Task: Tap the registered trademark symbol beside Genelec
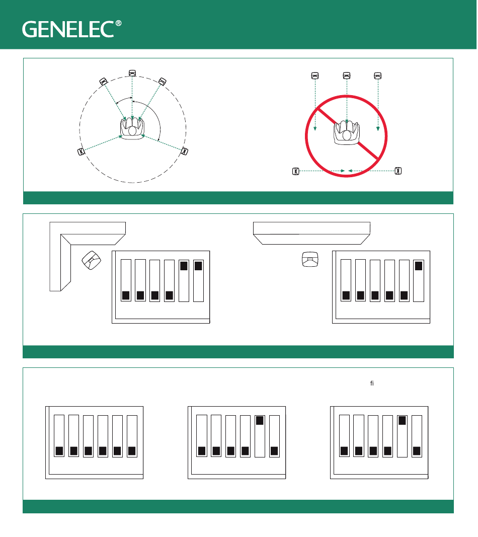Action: tap(118, 23)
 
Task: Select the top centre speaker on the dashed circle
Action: tap(132, 73)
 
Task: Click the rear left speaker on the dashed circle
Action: tap(81, 151)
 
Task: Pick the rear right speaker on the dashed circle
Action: tap(184, 151)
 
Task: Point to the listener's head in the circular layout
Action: tap(132, 131)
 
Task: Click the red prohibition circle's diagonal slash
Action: tap(347, 134)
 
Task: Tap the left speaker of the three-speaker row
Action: tap(315, 75)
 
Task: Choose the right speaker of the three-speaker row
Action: tap(378, 75)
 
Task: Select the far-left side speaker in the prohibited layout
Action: tap(295, 171)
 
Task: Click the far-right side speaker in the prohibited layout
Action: tap(398, 171)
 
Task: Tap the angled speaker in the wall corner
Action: tap(92, 260)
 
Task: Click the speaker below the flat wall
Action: tap(310, 259)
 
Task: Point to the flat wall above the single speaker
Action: tap(311, 233)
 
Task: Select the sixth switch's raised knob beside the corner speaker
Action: tap(198, 266)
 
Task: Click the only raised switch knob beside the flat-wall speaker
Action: tap(419, 266)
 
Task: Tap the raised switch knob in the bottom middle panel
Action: tap(260, 420)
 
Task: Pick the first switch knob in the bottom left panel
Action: tap(59, 451)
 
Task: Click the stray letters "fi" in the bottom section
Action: tap(372, 383)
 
